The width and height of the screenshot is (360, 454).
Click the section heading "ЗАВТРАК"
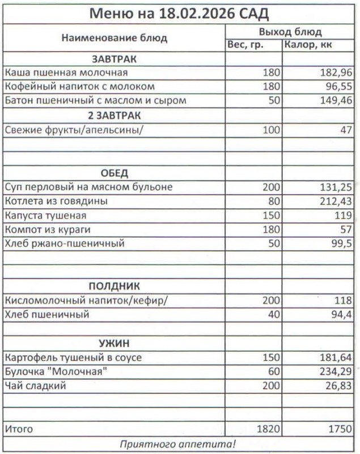coord(115,59)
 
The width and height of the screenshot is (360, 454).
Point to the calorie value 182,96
coord(334,73)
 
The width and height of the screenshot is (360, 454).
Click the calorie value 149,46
coord(334,101)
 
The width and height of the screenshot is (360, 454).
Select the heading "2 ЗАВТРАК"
coord(115,115)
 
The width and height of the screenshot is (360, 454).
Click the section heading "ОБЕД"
coord(115,173)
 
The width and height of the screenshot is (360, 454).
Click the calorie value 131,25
coord(334,187)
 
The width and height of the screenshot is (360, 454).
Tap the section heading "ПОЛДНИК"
coord(115,286)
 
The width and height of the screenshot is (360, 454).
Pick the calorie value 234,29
coord(334,372)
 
